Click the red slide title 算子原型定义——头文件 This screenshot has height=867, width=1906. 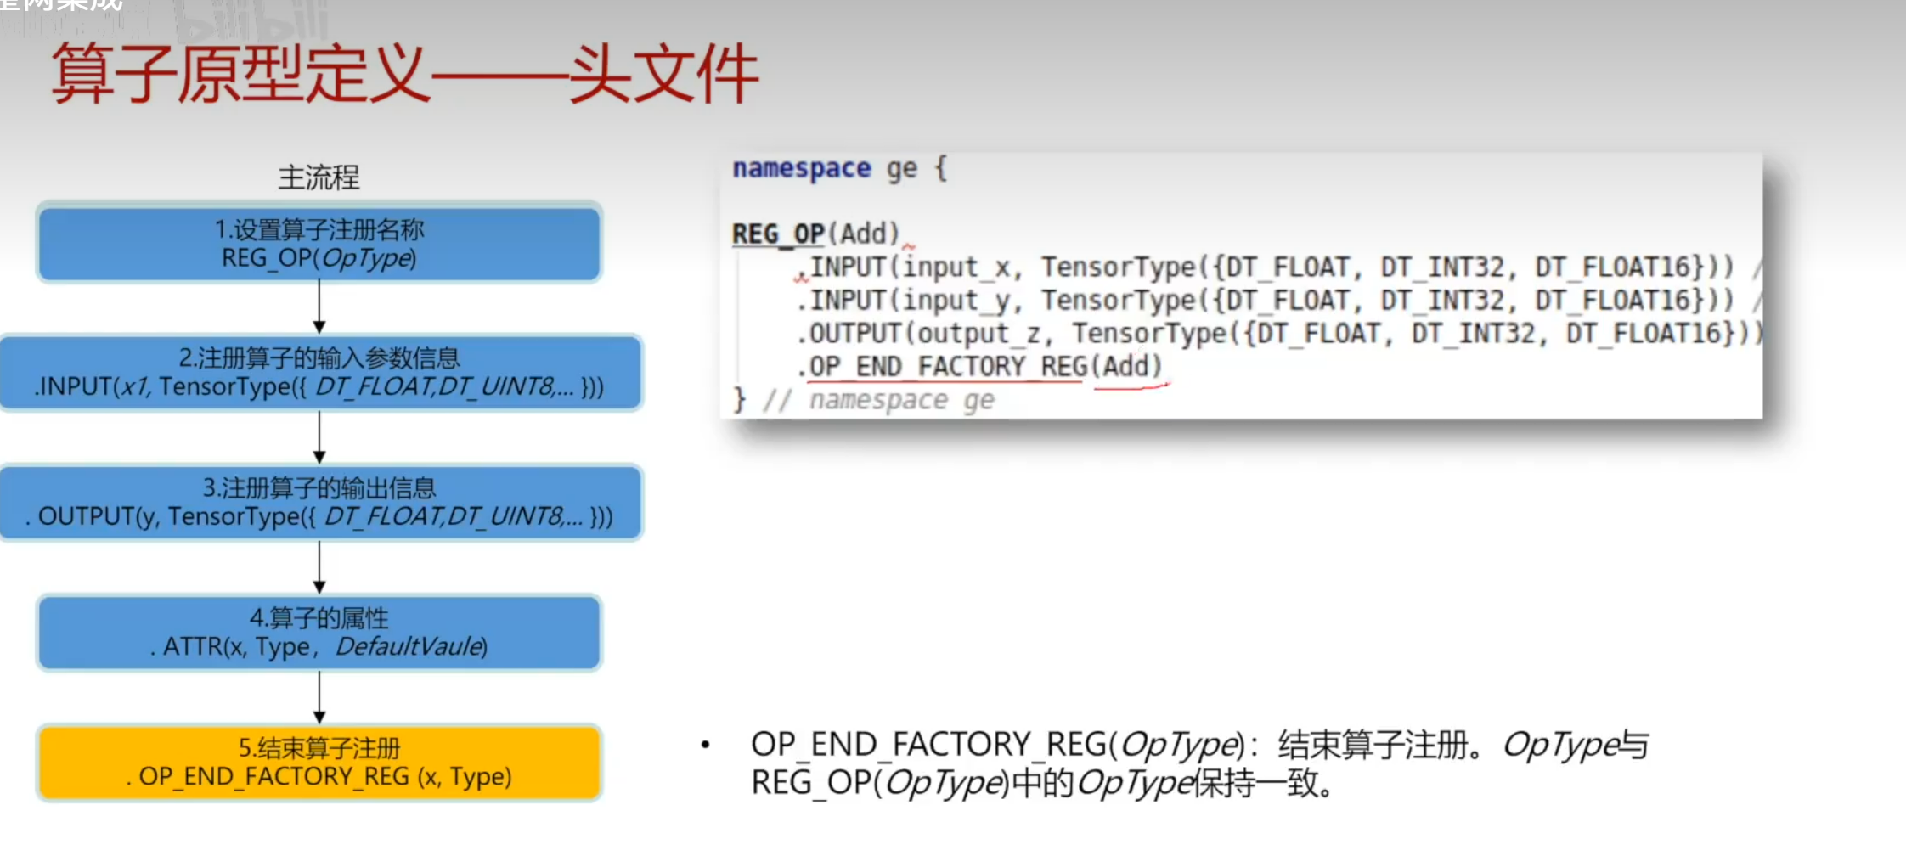coord(404,74)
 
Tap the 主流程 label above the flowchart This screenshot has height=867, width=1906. coord(319,177)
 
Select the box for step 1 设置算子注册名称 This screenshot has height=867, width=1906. coord(319,243)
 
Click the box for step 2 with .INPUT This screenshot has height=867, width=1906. coord(319,373)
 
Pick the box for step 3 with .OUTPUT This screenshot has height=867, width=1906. coord(319,503)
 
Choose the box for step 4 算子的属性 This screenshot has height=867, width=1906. coord(319,633)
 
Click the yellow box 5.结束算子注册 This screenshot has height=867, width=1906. coord(319,763)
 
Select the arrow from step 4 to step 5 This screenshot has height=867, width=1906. coord(319,697)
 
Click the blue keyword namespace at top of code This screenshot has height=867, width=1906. coord(801,168)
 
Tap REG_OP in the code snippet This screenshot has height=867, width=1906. coord(778,234)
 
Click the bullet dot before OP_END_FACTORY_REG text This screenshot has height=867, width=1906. coord(705,745)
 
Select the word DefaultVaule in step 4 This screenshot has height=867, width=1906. coord(411,647)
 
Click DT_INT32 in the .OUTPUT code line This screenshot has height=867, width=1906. coord(1474,334)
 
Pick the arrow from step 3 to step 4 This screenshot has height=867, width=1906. coord(319,567)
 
